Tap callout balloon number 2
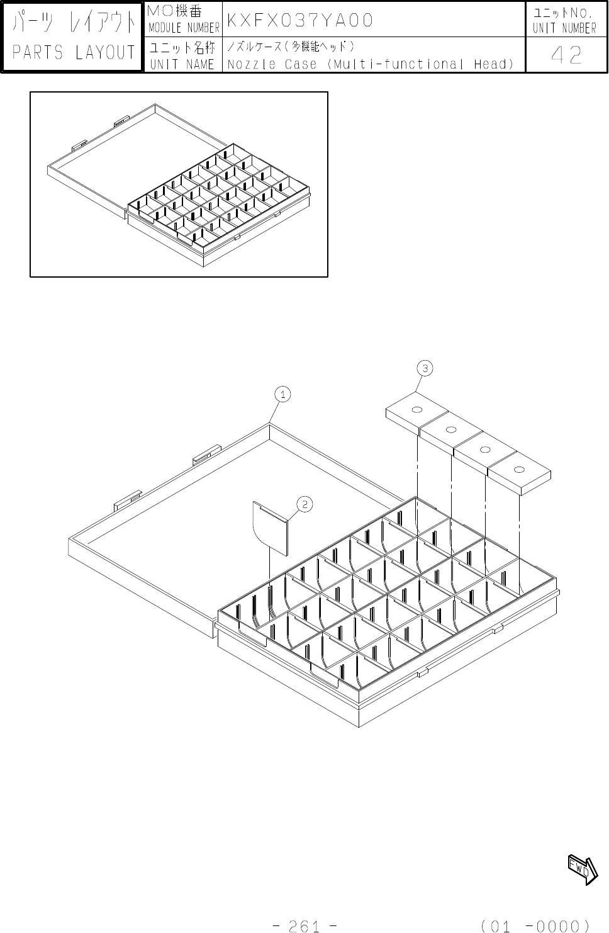coord(304,504)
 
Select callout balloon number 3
coord(425,368)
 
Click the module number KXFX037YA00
coord(299,20)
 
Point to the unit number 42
coord(566,56)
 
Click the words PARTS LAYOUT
coord(74,53)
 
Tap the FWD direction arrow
coord(583,869)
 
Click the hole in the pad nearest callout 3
coord(416,411)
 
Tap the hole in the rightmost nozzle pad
coord(519,470)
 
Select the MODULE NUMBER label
coord(184,28)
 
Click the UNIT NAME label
coord(182,64)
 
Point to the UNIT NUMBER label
coord(564,28)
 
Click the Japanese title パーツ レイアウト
coord(74,23)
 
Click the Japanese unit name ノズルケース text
coord(291,47)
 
